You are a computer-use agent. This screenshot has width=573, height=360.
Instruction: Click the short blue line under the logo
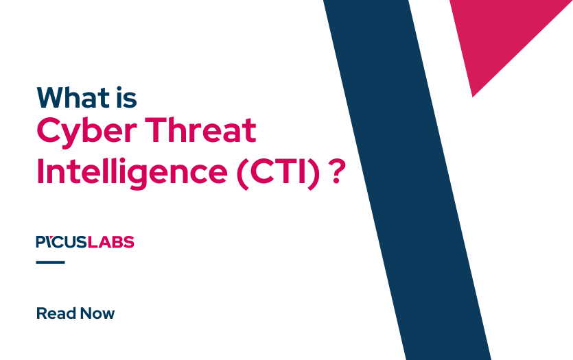coord(50,262)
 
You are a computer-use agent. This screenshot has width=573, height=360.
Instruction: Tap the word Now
coord(97,314)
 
